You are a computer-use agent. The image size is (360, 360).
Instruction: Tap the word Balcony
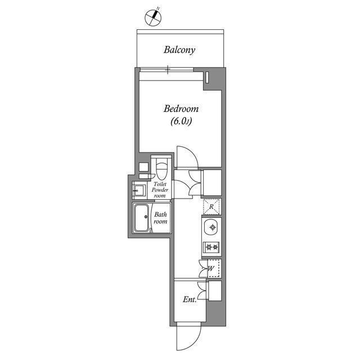tap(179, 50)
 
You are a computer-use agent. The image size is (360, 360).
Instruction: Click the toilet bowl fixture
tap(162, 168)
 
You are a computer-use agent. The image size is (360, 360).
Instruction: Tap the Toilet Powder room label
tap(160, 190)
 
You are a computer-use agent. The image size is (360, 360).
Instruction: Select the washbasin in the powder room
tap(138, 190)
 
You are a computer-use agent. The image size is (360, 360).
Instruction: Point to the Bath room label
tap(161, 218)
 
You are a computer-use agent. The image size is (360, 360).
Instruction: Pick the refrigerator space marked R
tap(211, 206)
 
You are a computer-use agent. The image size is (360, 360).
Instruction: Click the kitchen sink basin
tap(212, 228)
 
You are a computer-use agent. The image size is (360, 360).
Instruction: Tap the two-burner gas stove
tap(212, 247)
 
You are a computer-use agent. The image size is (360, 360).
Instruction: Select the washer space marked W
tap(212, 269)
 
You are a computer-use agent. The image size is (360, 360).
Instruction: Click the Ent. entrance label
tap(190, 300)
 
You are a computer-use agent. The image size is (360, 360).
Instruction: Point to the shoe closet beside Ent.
tap(214, 291)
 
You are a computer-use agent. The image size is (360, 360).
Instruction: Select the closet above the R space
tap(212, 182)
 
